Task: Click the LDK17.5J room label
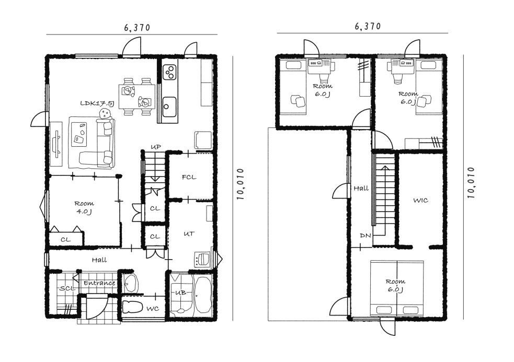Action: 97,103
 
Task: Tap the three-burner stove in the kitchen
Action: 170,72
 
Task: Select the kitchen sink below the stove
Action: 169,107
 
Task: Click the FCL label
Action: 189,177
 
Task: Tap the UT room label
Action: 189,234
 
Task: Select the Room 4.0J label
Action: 84,207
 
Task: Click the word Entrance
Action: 99,283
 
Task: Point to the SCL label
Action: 68,289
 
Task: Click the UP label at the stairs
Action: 156,147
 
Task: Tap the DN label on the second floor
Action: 365,235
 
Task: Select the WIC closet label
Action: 420,200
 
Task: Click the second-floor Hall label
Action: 361,189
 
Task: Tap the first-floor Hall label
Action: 99,260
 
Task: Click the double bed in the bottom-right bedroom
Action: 397,288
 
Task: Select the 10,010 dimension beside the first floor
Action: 241,184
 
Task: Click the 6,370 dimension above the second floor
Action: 368,26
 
